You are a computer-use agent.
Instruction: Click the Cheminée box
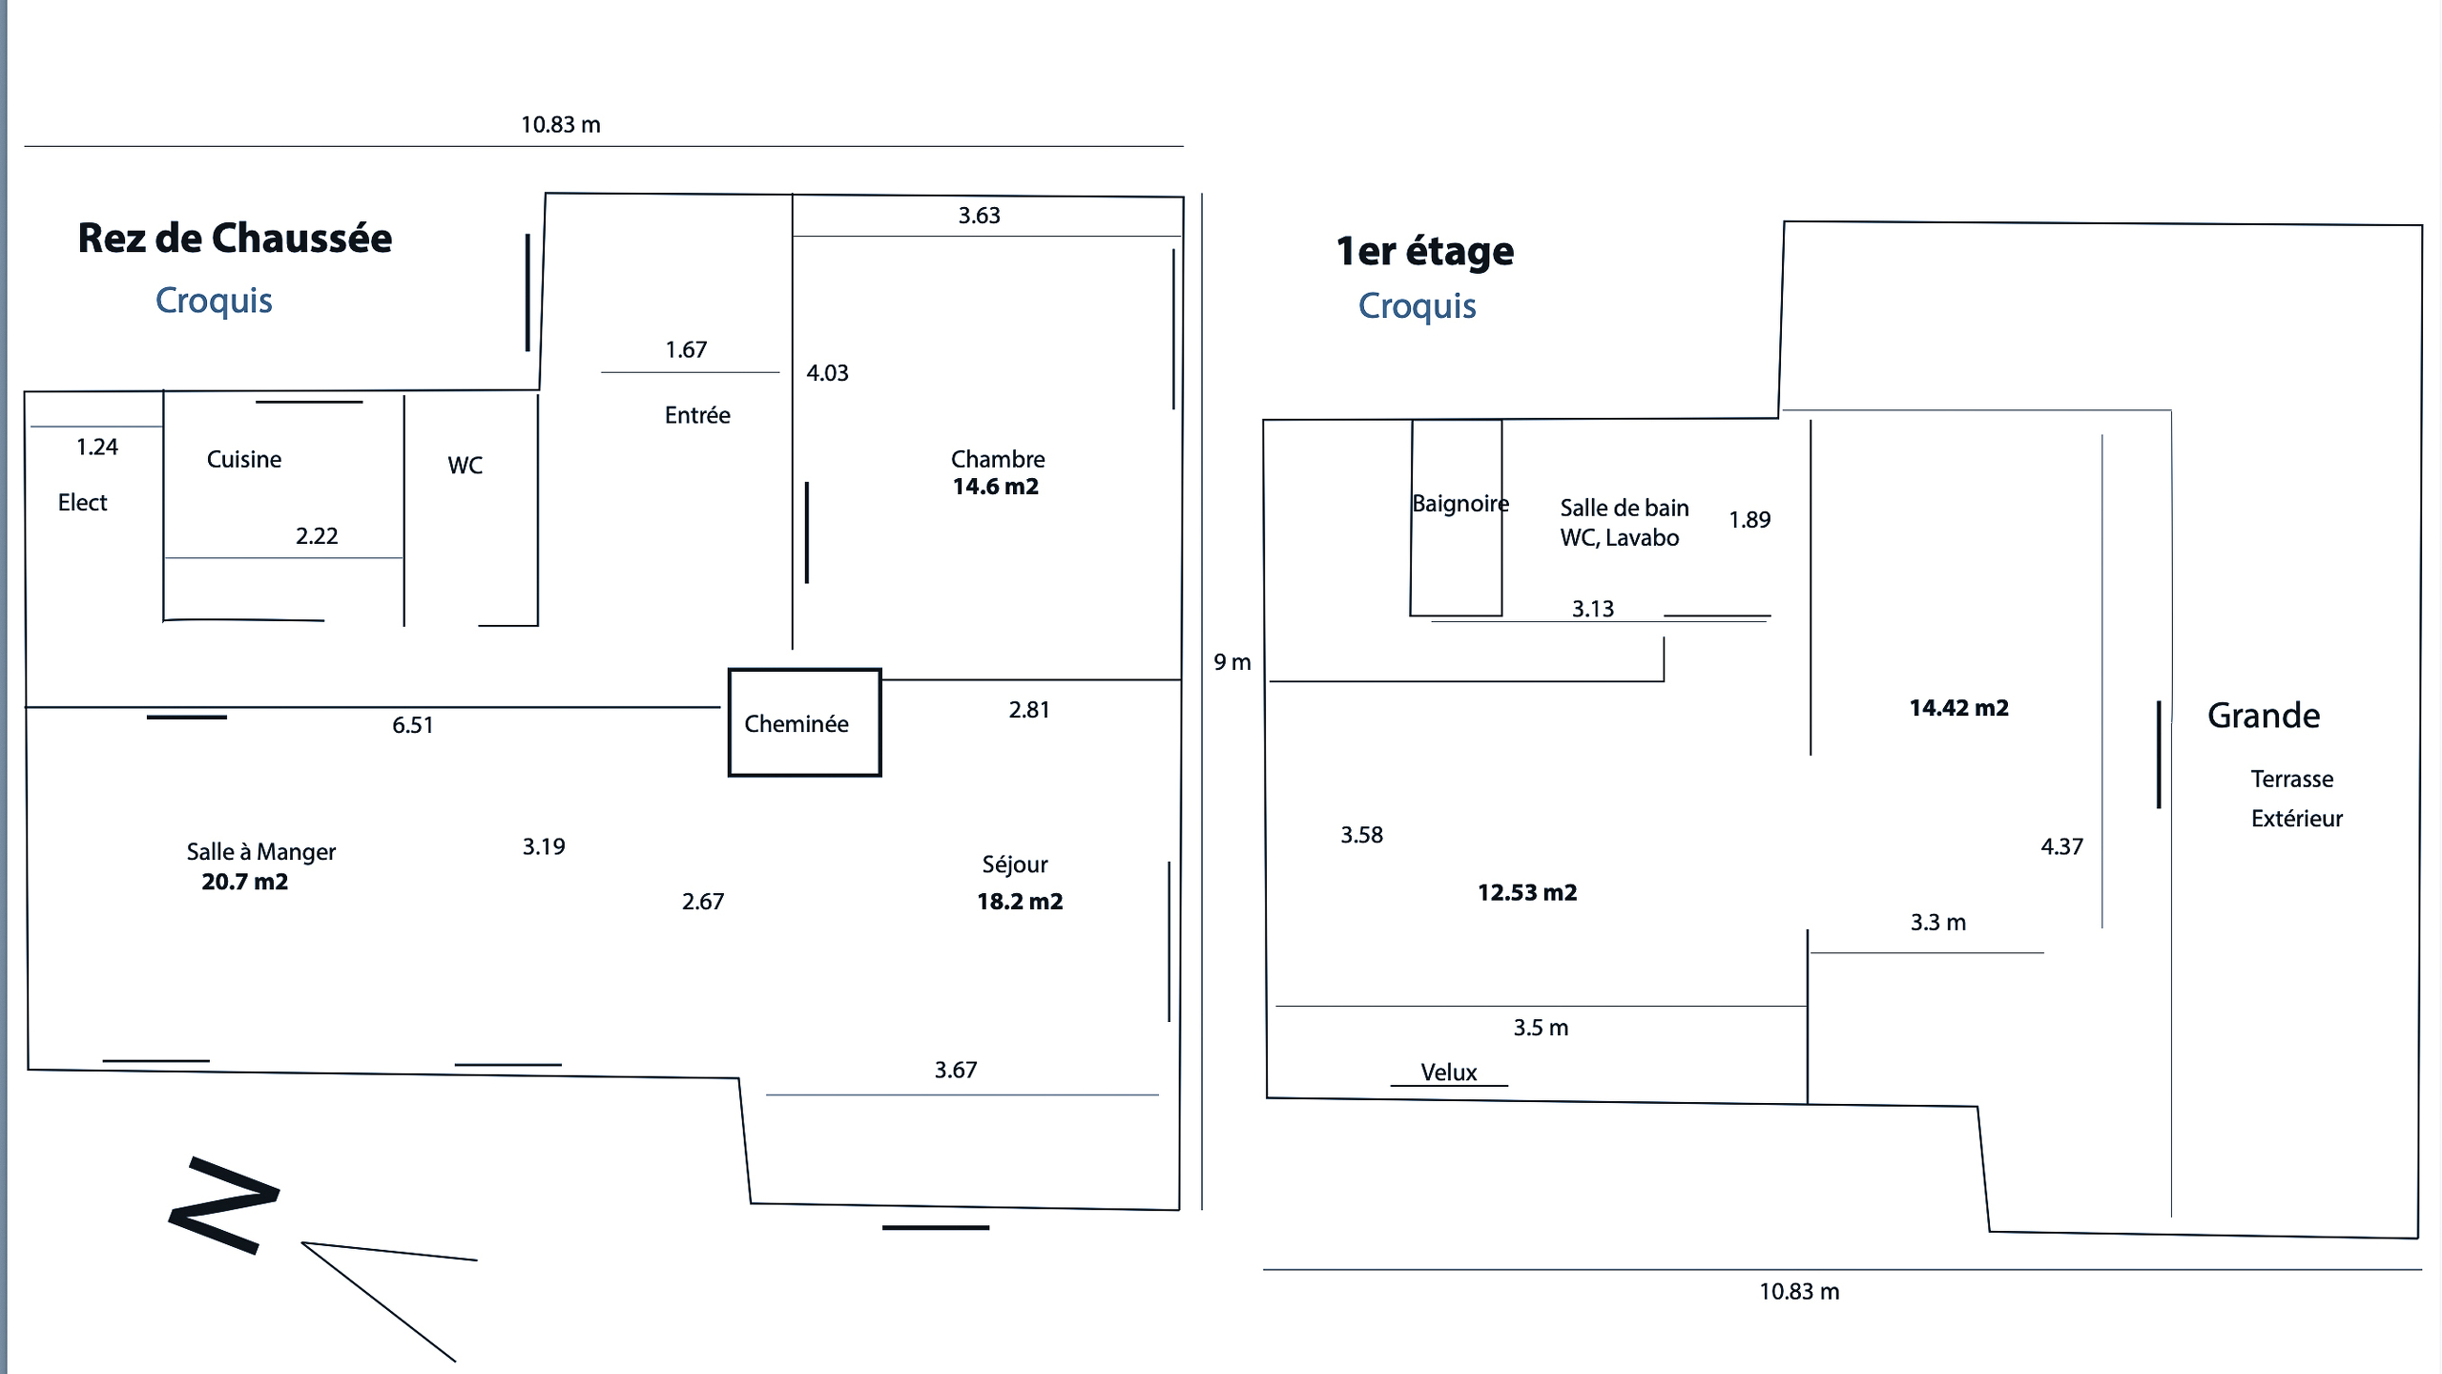pyautogui.click(x=804, y=722)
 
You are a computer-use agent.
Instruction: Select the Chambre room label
pyautogui.click(x=998, y=459)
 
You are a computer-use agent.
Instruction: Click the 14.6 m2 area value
pyautogui.click(x=995, y=487)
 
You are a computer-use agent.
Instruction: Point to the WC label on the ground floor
pyautogui.click(x=465, y=466)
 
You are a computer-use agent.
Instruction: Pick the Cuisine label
pyautogui.click(x=244, y=459)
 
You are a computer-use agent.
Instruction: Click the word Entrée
pyautogui.click(x=697, y=415)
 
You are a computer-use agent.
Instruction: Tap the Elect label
pyautogui.click(x=82, y=503)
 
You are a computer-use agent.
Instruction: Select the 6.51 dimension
pyautogui.click(x=412, y=725)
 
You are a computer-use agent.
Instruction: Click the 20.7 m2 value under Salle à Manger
pyautogui.click(x=244, y=882)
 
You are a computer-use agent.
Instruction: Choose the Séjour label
pyautogui.click(x=1015, y=864)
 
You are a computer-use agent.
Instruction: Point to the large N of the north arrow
pyautogui.click(x=224, y=1205)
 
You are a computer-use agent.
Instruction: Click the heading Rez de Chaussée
pyautogui.click(x=235, y=239)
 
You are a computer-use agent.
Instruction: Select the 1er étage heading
pyautogui.click(x=1424, y=252)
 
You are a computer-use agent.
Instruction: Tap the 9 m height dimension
pyautogui.click(x=1231, y=662)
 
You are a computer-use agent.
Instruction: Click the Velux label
pyautogui.click(x=1448, y=1072)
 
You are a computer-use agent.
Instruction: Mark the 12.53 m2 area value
pyautogui.click(x=1527, y=893)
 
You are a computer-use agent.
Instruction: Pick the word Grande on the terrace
pyautogui.click(x=2263, y=716)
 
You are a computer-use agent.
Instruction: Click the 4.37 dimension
pyautogui.click(x=2061, y=846)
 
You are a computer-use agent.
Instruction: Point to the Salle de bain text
pyautogui.click(x=1624, y=508)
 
